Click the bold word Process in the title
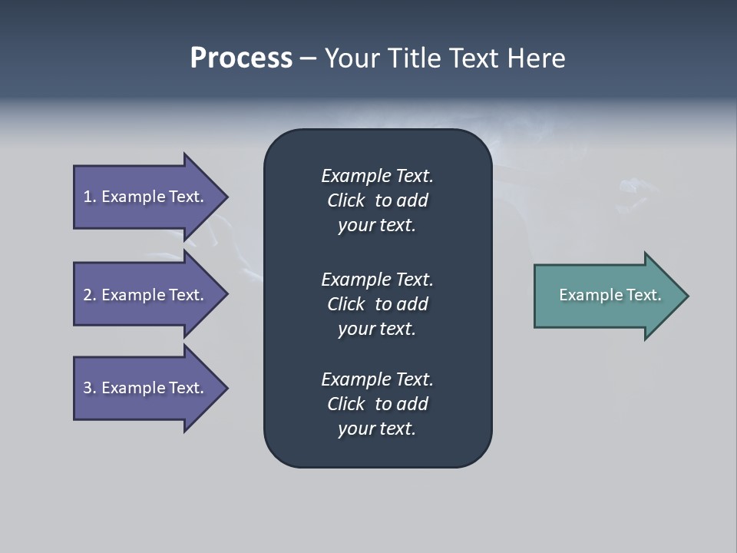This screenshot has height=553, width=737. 241,58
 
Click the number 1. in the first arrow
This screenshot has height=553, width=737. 90,197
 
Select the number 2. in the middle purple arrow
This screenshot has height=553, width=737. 90,295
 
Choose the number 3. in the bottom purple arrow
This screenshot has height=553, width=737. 90,388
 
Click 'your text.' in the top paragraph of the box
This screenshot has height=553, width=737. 377,226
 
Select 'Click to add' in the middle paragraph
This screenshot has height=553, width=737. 377,304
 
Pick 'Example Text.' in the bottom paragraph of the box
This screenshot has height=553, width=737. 377,379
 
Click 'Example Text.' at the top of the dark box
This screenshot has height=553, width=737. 377,176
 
